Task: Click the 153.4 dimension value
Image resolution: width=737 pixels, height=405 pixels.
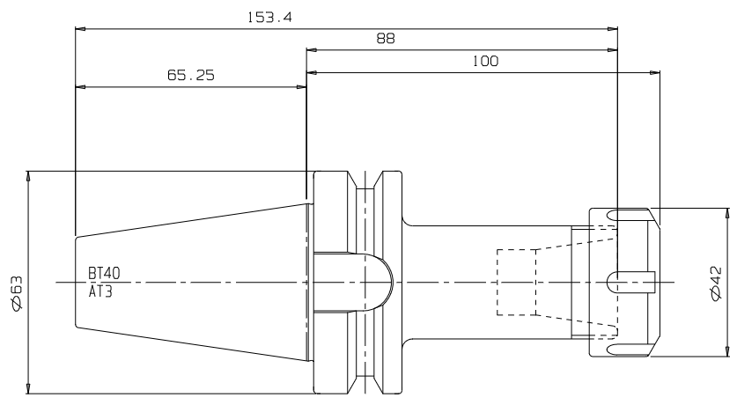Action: [x=269, y=18]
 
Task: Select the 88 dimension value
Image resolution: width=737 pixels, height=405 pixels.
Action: [x=386, y=39]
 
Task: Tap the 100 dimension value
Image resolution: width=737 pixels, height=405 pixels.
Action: [x=485, y=61]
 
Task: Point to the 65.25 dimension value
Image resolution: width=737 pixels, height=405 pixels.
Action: [x=191, y=75]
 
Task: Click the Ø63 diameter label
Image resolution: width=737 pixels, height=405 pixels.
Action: [x=17, y=293]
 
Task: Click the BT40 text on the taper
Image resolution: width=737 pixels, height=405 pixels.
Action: [x=104, y=273]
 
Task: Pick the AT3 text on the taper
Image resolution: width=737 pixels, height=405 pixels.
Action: [x=100, y=291]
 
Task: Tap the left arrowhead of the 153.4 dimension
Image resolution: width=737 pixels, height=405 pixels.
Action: [x=80, y=29]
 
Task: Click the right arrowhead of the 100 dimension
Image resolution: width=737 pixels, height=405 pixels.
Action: [x=655, y=72]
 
